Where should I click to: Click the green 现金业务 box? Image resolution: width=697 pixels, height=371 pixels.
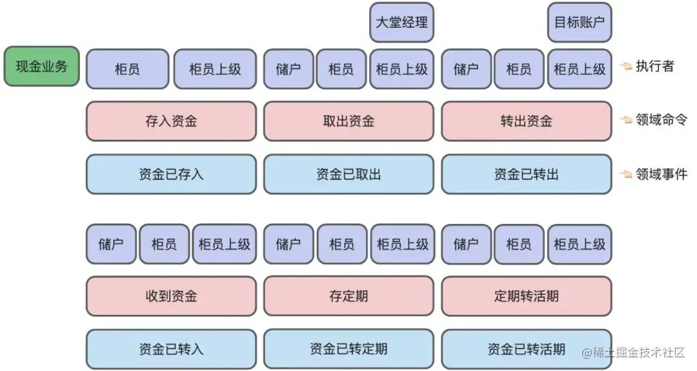pos(42,66)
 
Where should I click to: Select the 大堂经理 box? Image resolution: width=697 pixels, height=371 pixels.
pos(401,23)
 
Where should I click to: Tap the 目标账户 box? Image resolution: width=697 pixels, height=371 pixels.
pos(580,23)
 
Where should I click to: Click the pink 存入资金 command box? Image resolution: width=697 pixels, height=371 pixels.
pos(171,121)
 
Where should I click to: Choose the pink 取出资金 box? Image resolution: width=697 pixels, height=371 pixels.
pos(348,121)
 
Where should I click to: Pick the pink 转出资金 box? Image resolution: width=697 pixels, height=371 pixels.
pos(526,121)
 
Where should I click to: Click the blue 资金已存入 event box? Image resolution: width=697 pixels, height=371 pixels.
pos(171,174)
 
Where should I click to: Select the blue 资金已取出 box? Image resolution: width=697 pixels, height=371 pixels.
pos(348,174)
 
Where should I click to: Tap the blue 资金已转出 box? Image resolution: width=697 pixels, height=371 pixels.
pos(526,174)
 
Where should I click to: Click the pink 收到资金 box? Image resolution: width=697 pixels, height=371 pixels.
pos(171,296)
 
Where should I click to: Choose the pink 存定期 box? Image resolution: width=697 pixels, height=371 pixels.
pos(348,296)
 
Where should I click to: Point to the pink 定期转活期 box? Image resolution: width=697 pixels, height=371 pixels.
pos(526,296)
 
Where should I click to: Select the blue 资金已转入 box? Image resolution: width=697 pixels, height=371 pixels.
pos(171,349)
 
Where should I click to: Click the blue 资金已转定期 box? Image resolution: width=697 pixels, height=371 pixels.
pos(348,348)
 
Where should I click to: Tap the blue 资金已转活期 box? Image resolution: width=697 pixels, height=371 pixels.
pos(526,349)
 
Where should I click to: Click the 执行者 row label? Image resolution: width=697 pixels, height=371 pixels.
pos(654,66)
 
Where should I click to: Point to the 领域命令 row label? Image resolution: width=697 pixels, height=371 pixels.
pos(661,119)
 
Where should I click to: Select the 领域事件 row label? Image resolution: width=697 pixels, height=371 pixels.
pos(661,174)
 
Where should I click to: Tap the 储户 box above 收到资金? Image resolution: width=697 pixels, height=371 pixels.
pos(111,244)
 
